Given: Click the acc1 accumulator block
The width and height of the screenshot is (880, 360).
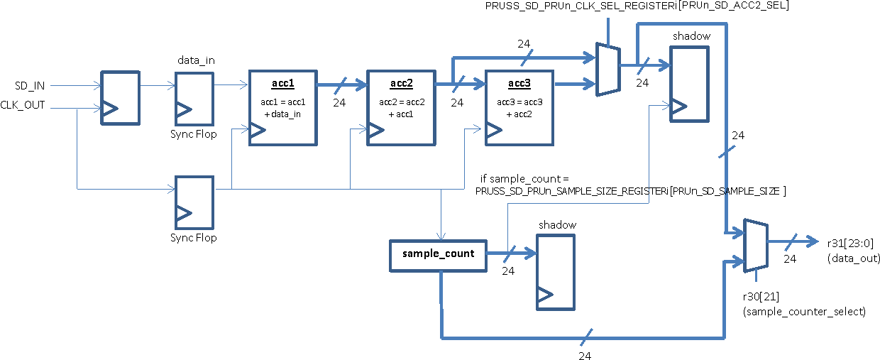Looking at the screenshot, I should (x=282, y=107).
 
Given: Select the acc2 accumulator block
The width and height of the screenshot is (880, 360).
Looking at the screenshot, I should (x=400, y=107).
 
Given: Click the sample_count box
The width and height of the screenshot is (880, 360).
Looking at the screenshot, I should (x=438, y=254).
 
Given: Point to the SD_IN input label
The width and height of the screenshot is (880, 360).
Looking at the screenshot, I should (x=31, y=86).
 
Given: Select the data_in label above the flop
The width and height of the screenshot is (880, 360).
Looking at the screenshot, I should (x=195, y=60).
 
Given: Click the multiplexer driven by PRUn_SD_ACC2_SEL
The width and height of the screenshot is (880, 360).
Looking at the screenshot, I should (x=608, y=70).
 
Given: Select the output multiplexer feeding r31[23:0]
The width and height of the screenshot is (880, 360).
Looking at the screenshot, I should (x=754, y=245).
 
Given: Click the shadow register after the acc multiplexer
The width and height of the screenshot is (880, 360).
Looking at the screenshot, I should (x=689, y=84).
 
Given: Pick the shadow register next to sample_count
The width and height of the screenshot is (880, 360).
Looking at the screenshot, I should (x=556, y=271).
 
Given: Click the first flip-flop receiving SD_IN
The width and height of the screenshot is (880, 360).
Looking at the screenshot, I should (x=120, y=98).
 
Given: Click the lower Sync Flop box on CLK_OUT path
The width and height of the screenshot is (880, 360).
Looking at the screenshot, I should (x=194, y=202).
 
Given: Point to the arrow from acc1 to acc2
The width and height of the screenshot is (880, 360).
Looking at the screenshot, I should (x=341, y=86).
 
